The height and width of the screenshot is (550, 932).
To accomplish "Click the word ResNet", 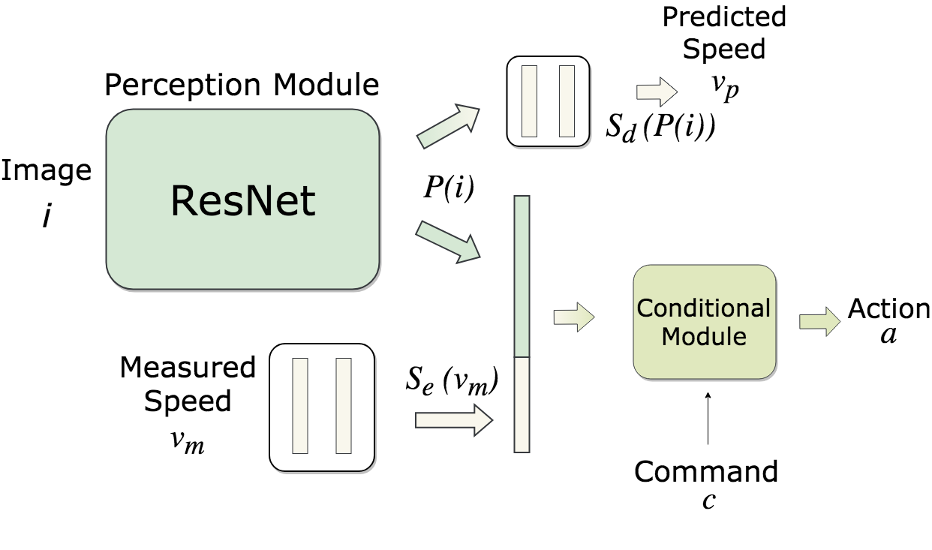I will [243, 201].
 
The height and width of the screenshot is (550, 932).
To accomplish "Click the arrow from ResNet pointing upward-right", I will [447, 127].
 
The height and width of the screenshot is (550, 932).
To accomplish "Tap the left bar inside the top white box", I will [529, 101].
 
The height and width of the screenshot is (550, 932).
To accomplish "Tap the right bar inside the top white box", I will [567, 101].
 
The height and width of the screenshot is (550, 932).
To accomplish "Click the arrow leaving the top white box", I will [657, 92].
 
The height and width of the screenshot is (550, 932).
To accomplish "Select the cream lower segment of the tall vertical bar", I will [522, 405].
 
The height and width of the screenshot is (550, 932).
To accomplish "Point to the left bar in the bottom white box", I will [300, 406].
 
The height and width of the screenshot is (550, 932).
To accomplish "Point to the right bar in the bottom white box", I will [344, 406].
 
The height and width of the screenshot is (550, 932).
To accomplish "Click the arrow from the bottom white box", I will [452, 420].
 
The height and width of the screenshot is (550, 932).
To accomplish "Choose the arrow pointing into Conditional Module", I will [573, 317].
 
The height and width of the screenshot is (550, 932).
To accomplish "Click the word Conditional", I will [703, 308].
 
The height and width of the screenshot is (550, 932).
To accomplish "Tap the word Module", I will [703, 336].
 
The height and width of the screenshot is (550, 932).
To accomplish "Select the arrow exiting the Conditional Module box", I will [819, 322].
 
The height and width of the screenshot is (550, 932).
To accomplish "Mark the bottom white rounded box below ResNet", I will [321, 461].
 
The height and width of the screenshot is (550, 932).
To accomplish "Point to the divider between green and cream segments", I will [522, 357].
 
